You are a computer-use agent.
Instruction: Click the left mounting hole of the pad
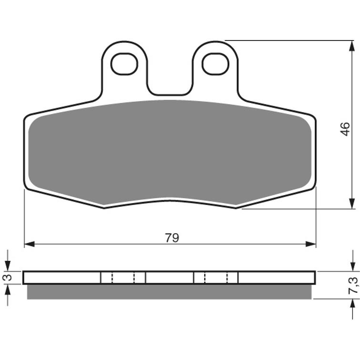(x=124, y=64)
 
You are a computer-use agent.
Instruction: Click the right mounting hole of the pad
(x=216, y=64)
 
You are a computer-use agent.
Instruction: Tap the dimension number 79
(x=172, y=237)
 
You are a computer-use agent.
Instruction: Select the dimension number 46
(x=345, y=129)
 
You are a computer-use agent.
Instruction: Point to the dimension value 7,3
(x=353, y=285)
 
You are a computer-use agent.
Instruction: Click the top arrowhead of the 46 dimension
(x=352, y=46)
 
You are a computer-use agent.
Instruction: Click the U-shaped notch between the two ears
(x=170, y=86)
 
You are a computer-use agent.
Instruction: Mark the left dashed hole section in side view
(x=123, y=278)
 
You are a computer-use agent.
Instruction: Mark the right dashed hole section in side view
(x=216, y=278)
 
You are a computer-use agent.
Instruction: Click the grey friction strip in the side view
(x=169, y=292)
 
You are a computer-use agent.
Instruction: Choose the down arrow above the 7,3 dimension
(x=352, y=265)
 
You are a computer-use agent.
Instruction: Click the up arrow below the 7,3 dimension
(x=352, y=305)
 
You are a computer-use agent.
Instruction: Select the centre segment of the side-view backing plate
(x=169, y=278)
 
